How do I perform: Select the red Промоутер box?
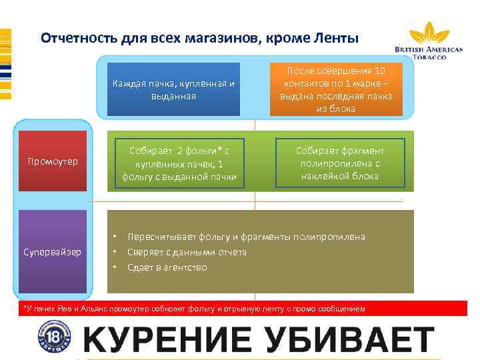click(x=53, y=161)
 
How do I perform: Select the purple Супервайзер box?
click(x=53, y=252)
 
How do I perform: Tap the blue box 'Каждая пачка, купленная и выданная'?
click(x=173, y=89)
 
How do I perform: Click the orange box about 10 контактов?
click(x=337, y=89)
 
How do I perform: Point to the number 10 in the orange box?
click(x=379, y=71)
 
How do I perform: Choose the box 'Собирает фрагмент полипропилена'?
click(x=340, y=161)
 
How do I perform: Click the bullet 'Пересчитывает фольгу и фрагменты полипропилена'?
click(x=246, y=237)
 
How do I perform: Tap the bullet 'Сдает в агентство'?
click(x=167, y=267)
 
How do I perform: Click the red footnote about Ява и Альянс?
click(x=193, y=309)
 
